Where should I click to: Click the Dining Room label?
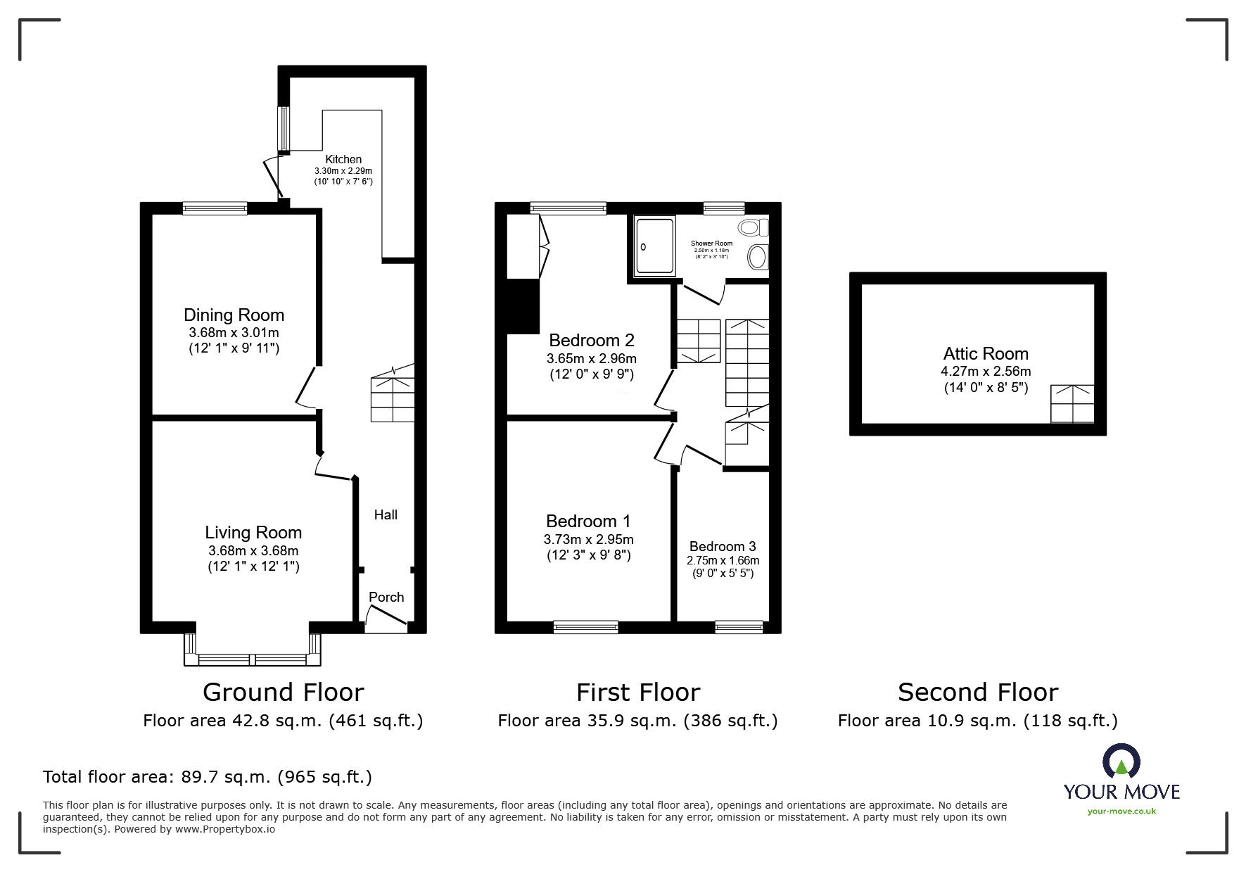point(234,315)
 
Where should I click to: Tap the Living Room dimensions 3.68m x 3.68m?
point(253,550)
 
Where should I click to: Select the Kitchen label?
point(343,160)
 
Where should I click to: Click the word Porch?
point(386,597)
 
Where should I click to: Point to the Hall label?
point(386,514)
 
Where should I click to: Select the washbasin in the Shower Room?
point(757,257)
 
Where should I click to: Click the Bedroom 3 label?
point(723,546)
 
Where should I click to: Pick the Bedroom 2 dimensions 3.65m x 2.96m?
point(591,358)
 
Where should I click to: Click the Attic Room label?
point(986,353)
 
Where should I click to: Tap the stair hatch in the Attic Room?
point(1072,403)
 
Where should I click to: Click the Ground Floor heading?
point(283,693)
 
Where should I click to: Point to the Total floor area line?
point(208,777)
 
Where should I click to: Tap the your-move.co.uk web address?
point(1121,811)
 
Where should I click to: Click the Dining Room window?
point(215,208)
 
